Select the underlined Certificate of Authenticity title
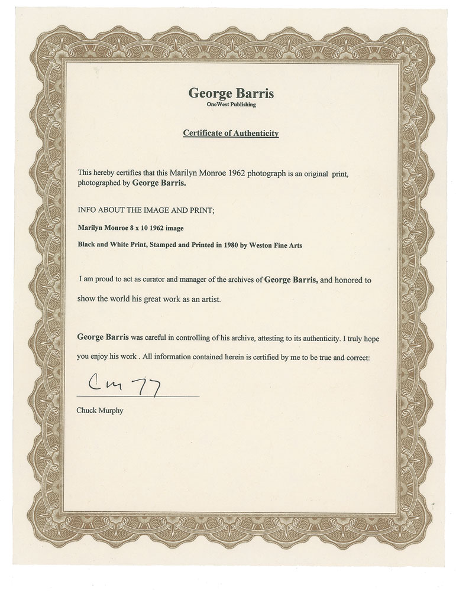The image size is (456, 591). click(230, 134)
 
